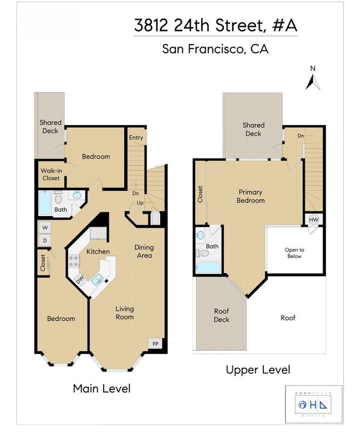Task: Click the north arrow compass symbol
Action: (313, 82)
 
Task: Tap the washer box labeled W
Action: (45, 228)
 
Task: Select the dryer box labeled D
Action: (45, 240)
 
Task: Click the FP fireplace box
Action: (155, 343)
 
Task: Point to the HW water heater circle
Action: (314, 220)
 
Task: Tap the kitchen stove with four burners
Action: (74, 262)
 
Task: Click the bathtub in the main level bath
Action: (44, 203)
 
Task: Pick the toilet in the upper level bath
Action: (202, 253)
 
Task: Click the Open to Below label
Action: (295, 253)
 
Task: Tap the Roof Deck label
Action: (221, 315)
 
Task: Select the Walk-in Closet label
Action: (51, 174)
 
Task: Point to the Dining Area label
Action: (144, 252)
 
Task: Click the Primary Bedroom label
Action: (251, 196)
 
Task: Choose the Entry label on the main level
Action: (136, 137)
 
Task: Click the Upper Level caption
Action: (258, 370)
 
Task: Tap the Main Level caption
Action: (102, 388)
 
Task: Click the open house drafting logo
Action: (313, 405)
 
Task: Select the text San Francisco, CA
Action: (215, 49)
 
